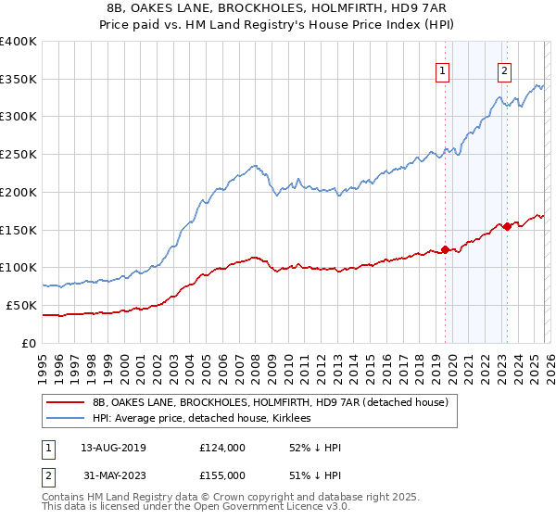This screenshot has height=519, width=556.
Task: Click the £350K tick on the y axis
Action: (19, 80)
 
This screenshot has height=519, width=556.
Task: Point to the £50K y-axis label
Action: (21, 305)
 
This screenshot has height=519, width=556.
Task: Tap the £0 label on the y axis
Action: (30, 343)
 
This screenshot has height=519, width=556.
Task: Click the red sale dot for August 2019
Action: (445, 249)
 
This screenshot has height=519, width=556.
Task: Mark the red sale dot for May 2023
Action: (507, 225)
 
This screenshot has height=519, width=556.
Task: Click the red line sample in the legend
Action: (67, 402)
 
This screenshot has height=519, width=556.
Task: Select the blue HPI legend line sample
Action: (67, 419)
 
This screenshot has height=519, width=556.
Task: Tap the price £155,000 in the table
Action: (222, 475)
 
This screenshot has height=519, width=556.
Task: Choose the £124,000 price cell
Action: (222, 448)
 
